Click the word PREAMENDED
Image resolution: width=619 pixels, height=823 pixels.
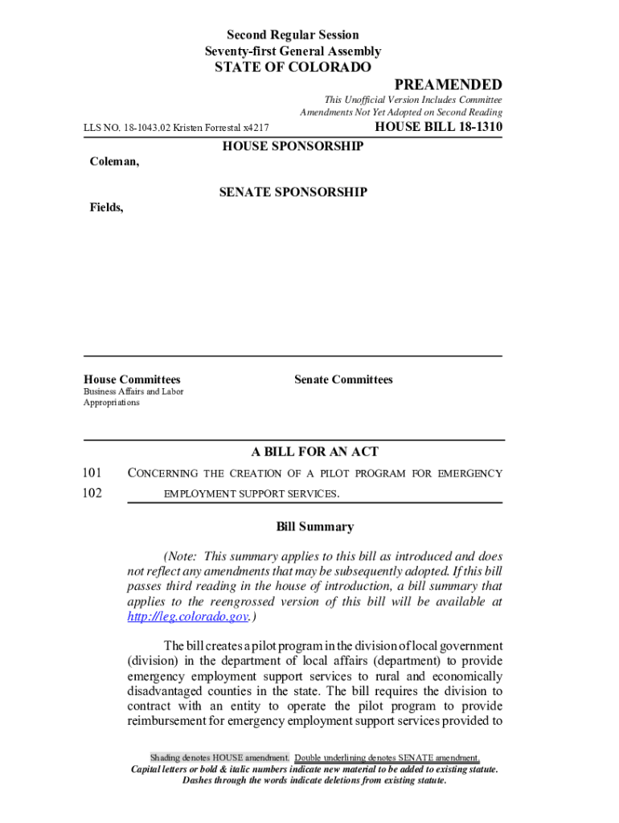pyautogui.click(x=448, y=85)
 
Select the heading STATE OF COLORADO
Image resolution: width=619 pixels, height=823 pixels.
pyautogui.click(x=293, y=68)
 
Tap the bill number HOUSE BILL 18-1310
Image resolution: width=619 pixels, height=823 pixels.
pyautogui.click(x=439, y=127)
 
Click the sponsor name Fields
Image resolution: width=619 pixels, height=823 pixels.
pyautogui.click(x=105, y=207)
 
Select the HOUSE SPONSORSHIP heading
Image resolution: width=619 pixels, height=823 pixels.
pyautogui.click(x=293, y=146)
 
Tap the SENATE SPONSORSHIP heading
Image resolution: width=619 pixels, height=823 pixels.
pyautogui.click(x=293, y=192)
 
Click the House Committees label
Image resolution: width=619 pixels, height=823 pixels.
pyautogui.click(x=132, y=379)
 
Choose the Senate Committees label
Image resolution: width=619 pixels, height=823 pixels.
pyautogui.click(x=343, y=379)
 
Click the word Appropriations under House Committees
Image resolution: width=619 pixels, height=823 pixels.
pyautogui.click(x=112, y=403)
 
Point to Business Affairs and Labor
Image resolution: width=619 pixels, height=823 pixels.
pyautogui.click(x=133, y=391)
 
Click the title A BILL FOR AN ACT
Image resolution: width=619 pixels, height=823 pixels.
pyautogui.click(x=315, y=452)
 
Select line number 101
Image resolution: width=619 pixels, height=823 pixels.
pyautogui.click(x=92, y=473)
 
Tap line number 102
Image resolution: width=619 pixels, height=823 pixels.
pyautogui.click(x=92, y=493)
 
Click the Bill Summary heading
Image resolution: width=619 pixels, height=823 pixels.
pyautogui.click(x=315, y=527)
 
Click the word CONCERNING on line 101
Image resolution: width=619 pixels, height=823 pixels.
pyautogui.click(x=164, y=473)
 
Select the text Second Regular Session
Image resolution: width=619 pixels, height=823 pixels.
pyautogui.click(x=293, y=35)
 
